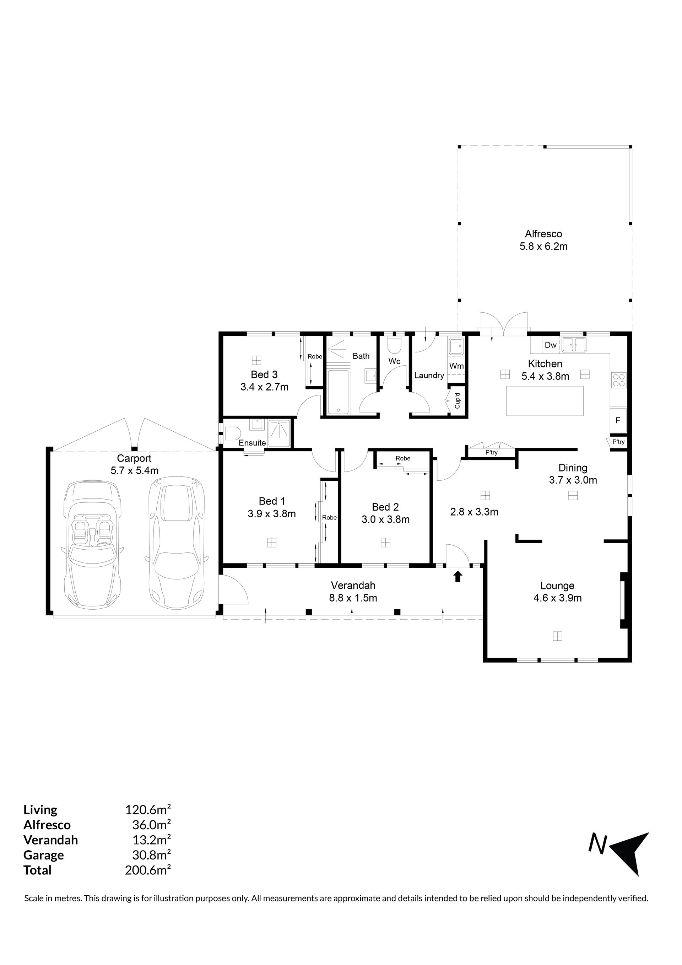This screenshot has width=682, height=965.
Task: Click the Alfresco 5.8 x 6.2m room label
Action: click(x=543, y=240)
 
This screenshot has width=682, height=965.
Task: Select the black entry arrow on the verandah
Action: click(x=458, y=576)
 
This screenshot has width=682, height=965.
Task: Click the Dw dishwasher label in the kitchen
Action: click(x=551, y=345)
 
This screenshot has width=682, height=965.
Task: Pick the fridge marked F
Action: click(x=618, y=420)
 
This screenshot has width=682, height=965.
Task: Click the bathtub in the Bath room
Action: click(x=338, y=392)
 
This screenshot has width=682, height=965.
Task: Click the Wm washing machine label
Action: click(x=456, y=366)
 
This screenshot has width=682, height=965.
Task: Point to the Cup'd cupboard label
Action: click(x=458, y=400)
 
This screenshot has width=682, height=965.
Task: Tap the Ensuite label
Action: click(x=252, y=443)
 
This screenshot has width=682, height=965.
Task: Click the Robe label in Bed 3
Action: click(x=315, y=356)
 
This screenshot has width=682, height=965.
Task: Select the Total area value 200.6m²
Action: click(x=148, y=870)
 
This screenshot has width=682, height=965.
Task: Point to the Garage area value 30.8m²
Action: click(x=152, y=855)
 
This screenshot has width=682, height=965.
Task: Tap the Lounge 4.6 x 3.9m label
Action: click(x=558, y=592)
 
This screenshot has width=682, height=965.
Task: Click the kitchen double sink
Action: click(x=574, y=345)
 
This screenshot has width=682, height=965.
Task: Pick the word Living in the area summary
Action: click(x=40, y=810)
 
